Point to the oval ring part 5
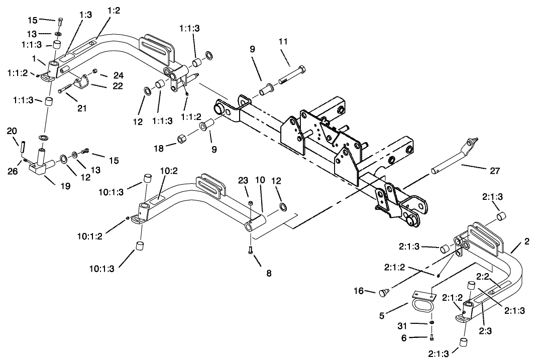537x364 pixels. (x=421, y=306)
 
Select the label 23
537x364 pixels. (x=243, y=181)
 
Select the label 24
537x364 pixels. (x=118, y=76)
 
